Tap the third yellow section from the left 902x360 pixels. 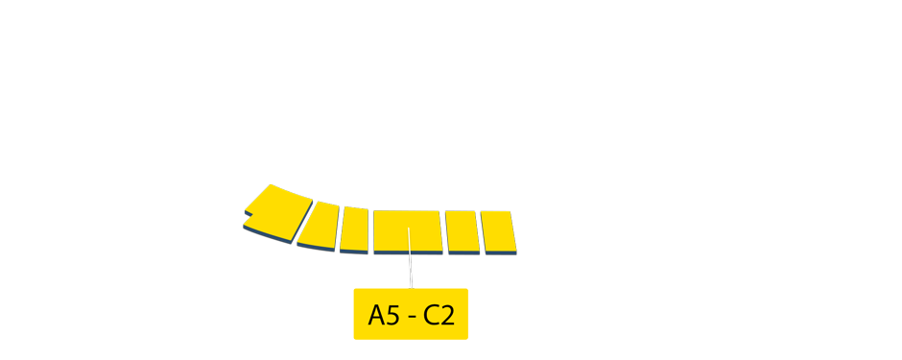click(x=355, y=228)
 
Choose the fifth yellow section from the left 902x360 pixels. click(x=463, y=231)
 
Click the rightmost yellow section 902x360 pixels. click(x=498, y=231)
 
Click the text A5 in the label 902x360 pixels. click(x=384, y=315)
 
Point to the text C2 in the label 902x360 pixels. click(x=439, y=315)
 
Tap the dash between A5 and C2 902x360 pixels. click(x=412, y=316)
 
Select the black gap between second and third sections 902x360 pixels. click(x=339, y=227)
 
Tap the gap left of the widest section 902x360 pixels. click(x=371, y=230)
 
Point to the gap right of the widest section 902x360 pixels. click(x=444, y=231)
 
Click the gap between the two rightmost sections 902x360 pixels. click(x=481, y=231)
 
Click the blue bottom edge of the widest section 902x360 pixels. click(x=409, y=252)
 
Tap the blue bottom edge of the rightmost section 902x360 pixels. click(x=500, y=252)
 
